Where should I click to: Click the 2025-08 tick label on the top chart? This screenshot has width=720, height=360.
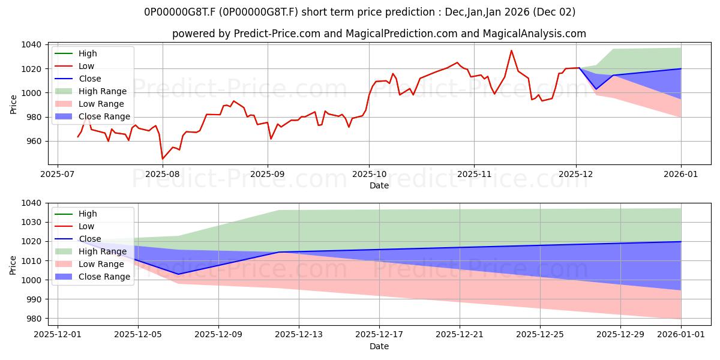point(163,174)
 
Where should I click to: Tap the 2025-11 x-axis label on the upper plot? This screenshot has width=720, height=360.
point(474,174)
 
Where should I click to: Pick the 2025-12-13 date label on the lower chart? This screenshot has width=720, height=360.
point(299,335)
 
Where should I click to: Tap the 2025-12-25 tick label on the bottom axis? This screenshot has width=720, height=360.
point(540,335)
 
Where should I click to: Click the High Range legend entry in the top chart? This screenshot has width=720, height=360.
point(103,91)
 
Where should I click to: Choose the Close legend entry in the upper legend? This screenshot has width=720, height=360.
point(90,79)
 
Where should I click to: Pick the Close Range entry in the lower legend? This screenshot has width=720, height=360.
point(104,277)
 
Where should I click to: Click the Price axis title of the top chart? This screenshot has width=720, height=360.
point(14,104)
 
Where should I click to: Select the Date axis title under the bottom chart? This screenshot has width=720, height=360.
point(379,346)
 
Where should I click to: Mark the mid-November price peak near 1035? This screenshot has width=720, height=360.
point(511,50)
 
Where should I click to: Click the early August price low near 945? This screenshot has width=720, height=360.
point(163,158)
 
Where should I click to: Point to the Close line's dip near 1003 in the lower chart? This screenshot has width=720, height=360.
point(178,274)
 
